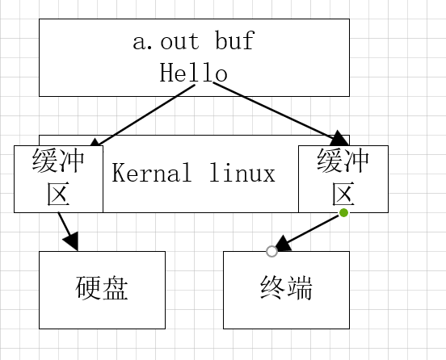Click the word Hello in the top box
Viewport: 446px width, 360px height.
[193, 73]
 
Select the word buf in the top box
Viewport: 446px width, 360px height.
[235, 42]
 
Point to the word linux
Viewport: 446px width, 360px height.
[242, 174]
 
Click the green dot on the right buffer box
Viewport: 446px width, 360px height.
[343, 212]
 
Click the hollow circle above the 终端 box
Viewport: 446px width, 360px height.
[271, 251]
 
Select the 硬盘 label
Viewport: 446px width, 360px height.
[102, 289]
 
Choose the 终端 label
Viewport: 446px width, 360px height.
[286, 289]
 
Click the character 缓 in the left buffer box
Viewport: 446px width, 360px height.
[45, 161]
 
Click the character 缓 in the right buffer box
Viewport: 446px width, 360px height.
[330, 161]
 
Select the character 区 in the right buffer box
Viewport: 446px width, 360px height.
[343, 195]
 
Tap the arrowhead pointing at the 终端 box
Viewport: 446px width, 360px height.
[282, 243]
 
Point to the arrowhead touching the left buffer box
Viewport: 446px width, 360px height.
[95, 143]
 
